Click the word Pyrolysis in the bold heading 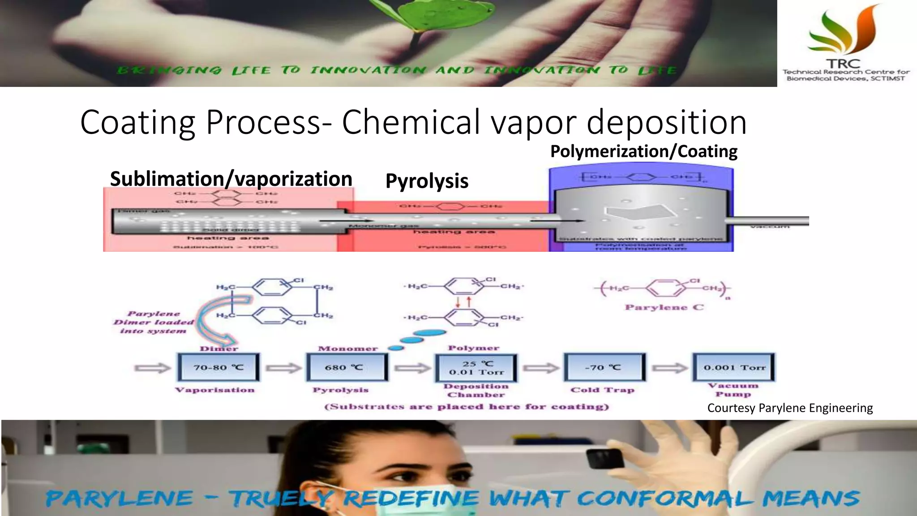coord(427,181)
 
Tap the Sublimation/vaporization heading coord(231,179)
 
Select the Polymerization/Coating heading coord(643,151)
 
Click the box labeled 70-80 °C coord(219,367)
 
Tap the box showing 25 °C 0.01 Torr coord(476,368)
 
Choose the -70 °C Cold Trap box coord(604,367)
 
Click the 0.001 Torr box coord(733,367)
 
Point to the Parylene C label coord(664,307)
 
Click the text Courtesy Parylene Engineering coord(790,408)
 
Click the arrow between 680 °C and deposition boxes coord(411,368)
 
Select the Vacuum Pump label coord(733,390)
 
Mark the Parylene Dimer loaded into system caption coord(153,322)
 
